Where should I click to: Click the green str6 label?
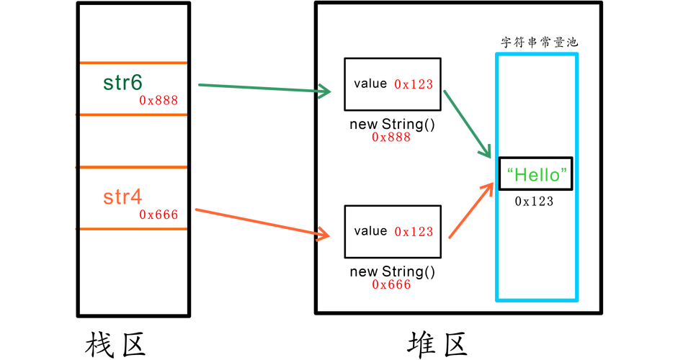tap(122, 83)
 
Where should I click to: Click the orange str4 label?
tap(122, 197)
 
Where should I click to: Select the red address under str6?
tap(158, 100)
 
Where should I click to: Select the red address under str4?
tap(158, 214)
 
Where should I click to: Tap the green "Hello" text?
tap(537, 174)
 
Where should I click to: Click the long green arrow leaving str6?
tap(259, 88)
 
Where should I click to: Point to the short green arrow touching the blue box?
tap(465, 122)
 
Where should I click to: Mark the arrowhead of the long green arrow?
tap(326, 91)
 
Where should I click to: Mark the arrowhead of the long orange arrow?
tap(324, 235)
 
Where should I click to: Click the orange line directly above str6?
tap(133, 63)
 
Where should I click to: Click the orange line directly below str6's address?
tap(133, 114)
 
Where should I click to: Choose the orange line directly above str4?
tap(133, 167)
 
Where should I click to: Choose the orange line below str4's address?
tap(133, 228)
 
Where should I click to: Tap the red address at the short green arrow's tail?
tap(414, 84)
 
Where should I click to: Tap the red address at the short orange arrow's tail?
tap(414, 231)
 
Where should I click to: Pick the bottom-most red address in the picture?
tap(391, 284)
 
